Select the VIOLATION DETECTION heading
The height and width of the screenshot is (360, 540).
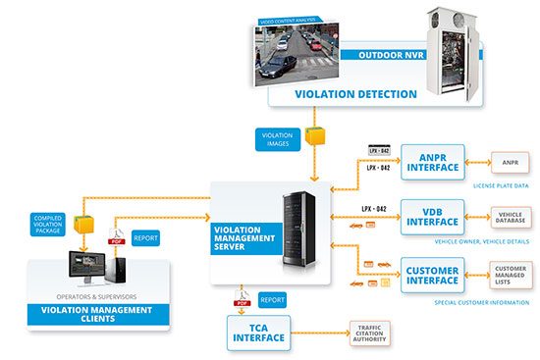[x=355, y=95]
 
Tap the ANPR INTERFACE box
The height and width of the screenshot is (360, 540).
[x=433, y=161]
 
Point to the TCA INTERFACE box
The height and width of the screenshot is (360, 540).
[x=259, y=332]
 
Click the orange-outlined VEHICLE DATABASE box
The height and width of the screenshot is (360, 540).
[x=509, y=216]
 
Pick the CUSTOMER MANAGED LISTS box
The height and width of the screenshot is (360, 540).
[x=510, y=274]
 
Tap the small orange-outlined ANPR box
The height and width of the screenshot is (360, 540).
[x=510, y=162]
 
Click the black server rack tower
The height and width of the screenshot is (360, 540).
[x=299, y=232]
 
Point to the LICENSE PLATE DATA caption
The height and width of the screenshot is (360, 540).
[x=502, y=184]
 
